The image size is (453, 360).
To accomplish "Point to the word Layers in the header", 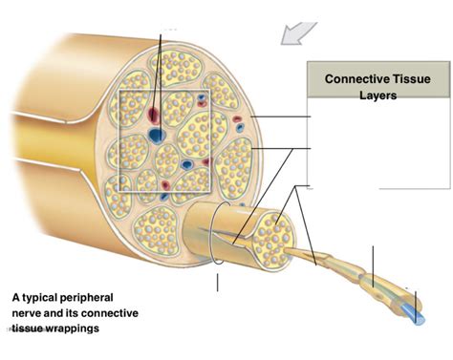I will [x=371, y=95].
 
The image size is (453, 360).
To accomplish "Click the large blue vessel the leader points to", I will [x=155, y=135].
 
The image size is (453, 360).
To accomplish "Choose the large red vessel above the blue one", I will [x=154, y=113].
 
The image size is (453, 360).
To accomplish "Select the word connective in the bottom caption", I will [x=112, y=313].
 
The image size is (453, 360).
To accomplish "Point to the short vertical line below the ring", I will [x=218, y=282].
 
